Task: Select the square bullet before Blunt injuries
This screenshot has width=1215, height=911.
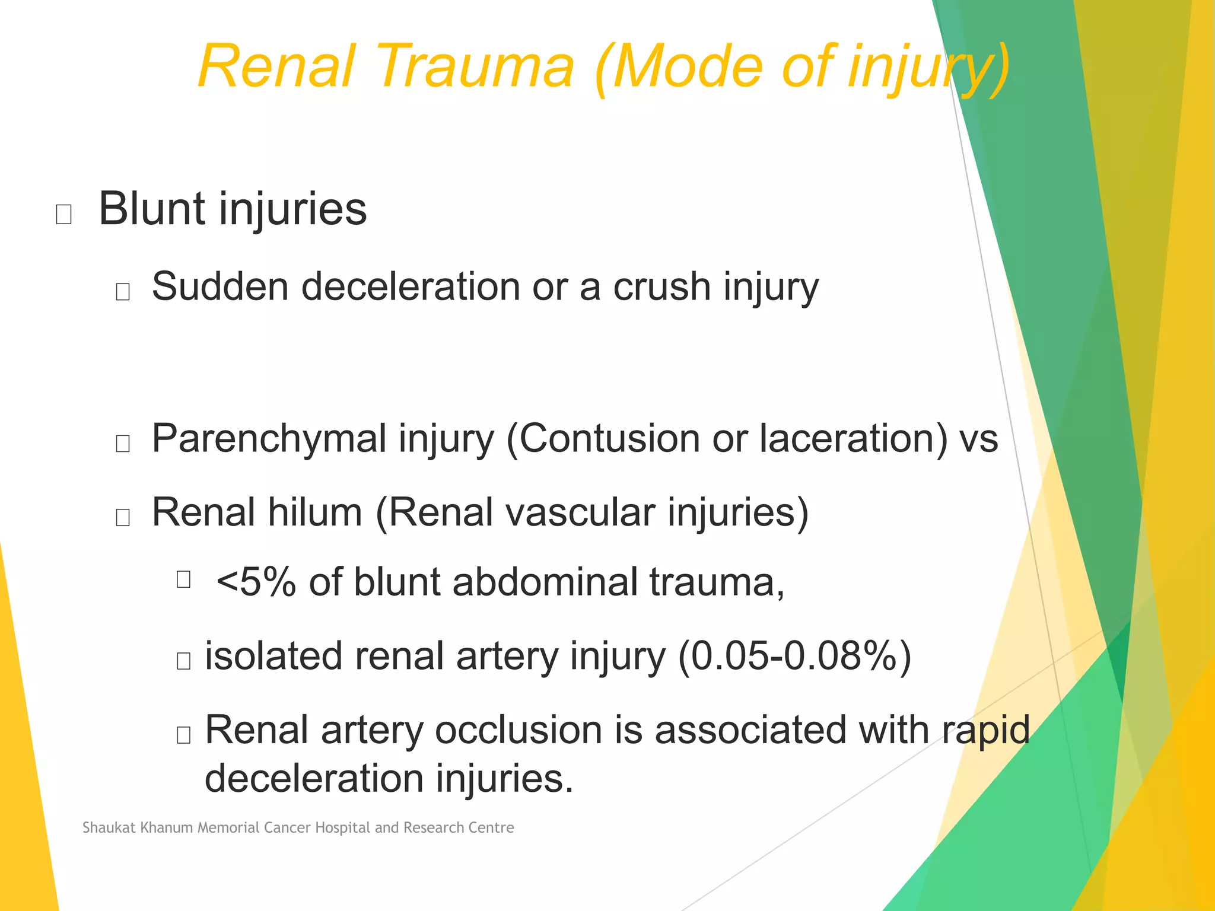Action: (x=63, y=214)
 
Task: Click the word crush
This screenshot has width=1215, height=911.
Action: (x=661, y=286)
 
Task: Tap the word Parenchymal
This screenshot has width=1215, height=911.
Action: (x=269, y=439)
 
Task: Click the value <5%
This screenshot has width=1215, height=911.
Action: (x=256, y=582)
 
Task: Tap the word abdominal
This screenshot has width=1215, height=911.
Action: (x=545, y=582)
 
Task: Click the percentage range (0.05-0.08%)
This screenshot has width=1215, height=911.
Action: (x=794, y=656)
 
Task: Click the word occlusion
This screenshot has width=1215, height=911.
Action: (x=519, y=730)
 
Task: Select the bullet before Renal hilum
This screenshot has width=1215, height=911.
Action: (x=123, y=517)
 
